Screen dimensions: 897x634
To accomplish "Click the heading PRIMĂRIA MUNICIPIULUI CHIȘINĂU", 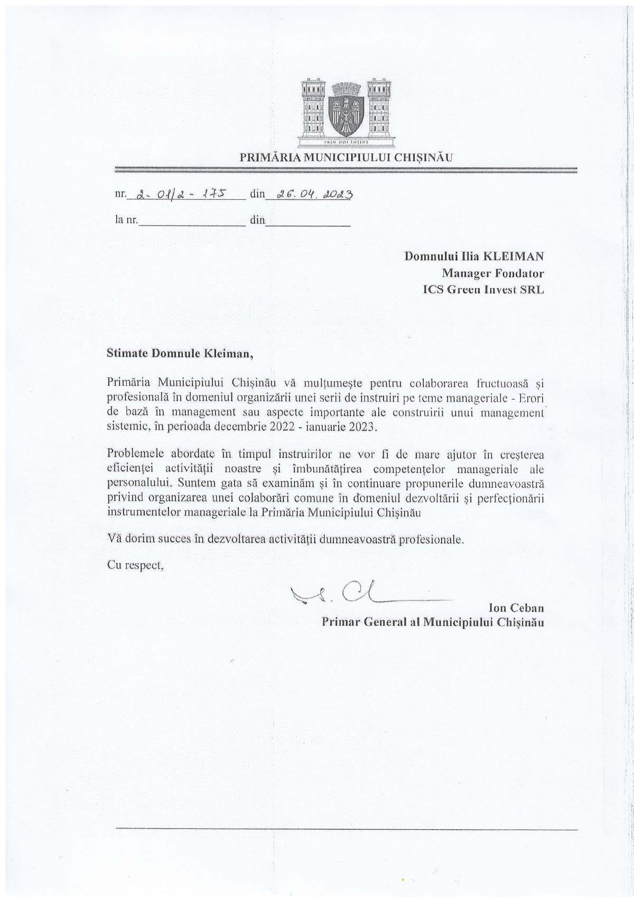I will [346, 157].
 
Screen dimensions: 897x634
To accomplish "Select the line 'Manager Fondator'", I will [492, 273].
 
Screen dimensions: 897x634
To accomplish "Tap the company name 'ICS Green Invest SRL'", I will [483, 289].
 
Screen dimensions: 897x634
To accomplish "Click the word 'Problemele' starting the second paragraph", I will [135, 454].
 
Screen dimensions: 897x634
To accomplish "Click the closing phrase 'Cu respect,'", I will [135, 565].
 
